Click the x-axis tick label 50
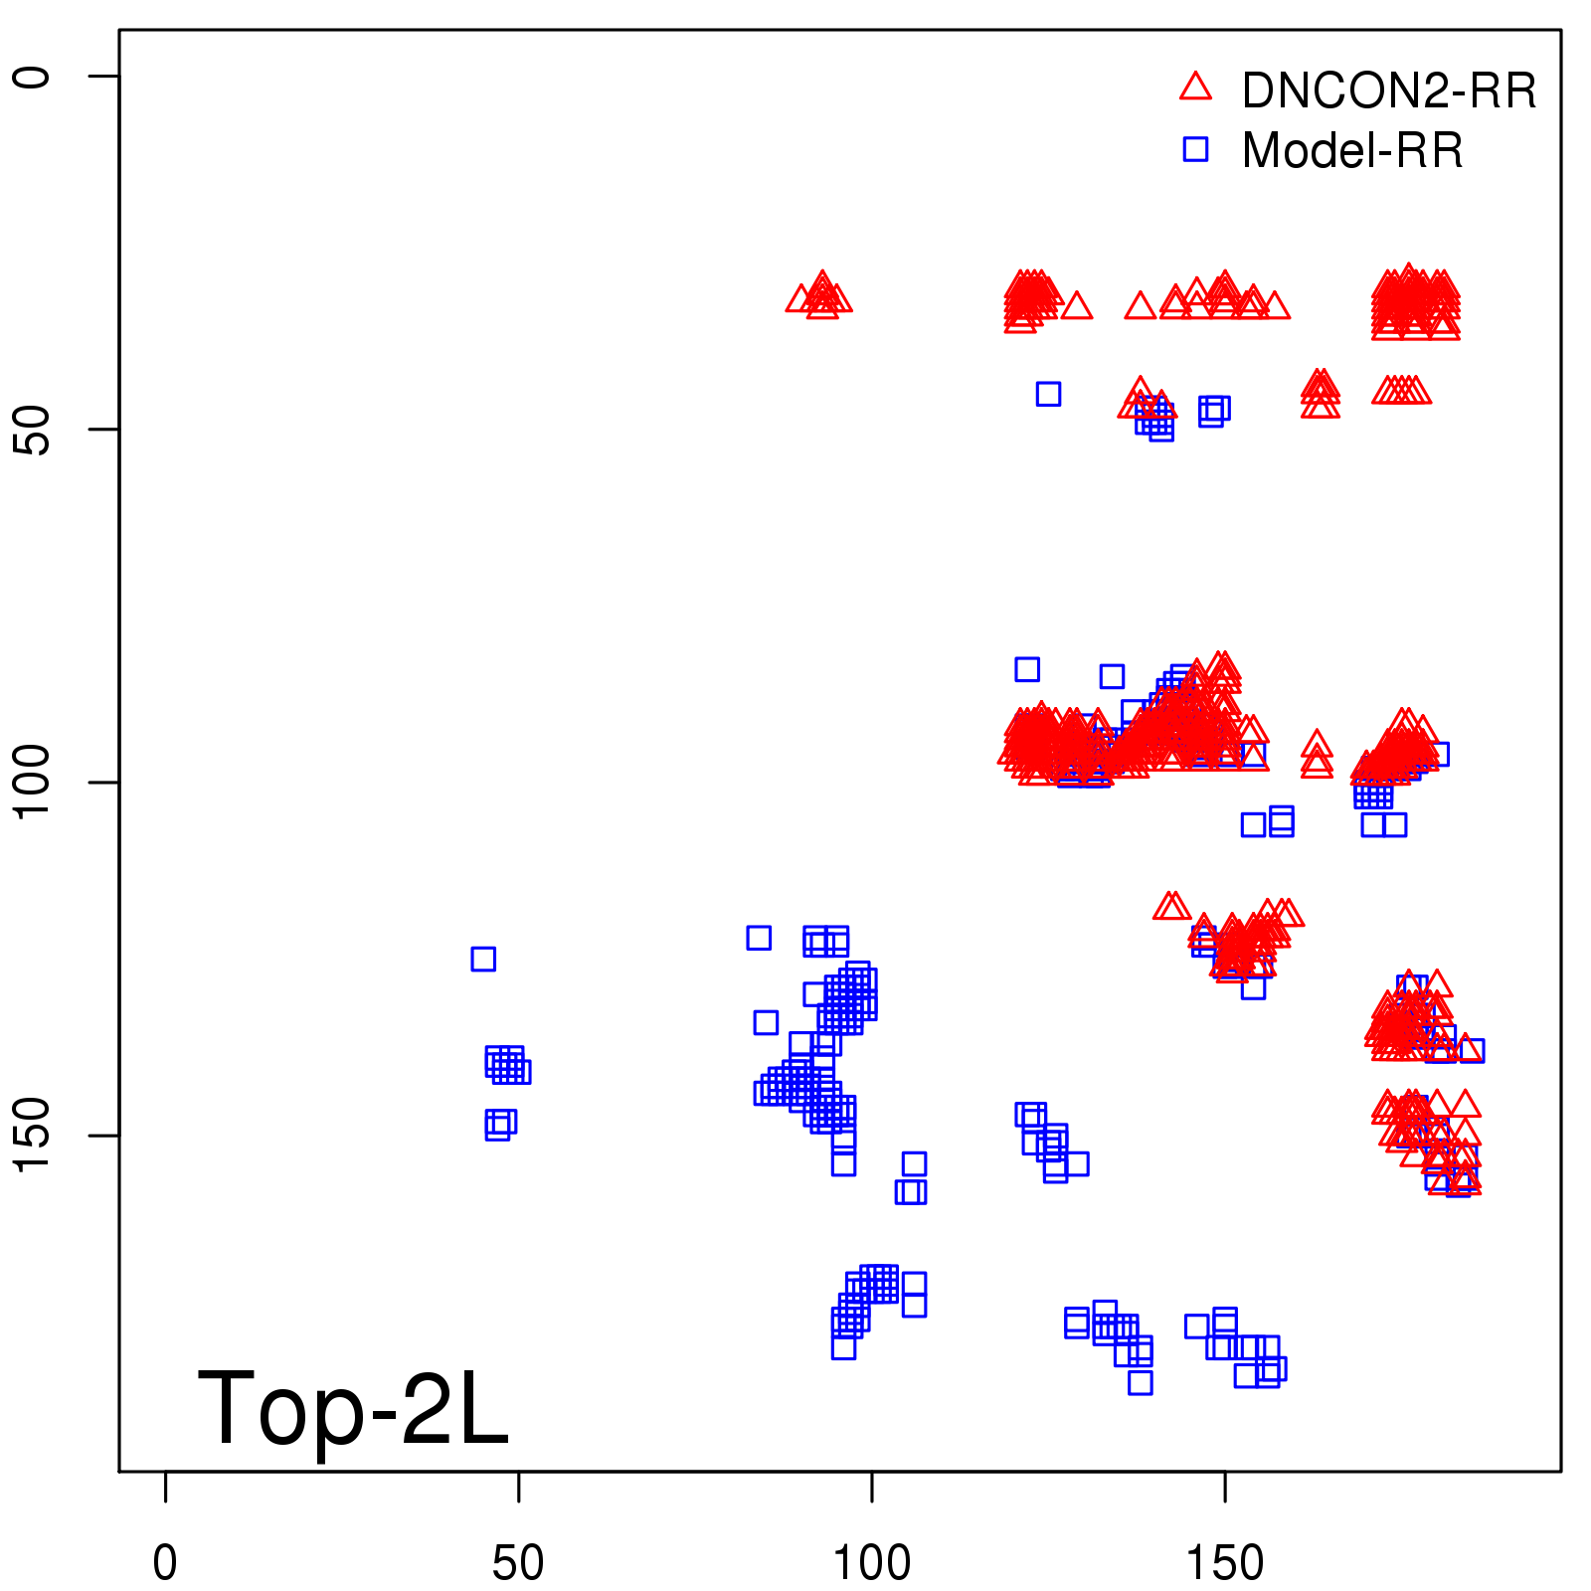coord(518,1563)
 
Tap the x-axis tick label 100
coord(871,1563)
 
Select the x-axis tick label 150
coord(1225,1563)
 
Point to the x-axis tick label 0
coord(165,1563)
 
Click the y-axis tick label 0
coord(32,77)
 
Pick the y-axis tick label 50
coord(32,430)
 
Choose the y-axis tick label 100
coord(32,783)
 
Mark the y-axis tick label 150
coord(32,1136)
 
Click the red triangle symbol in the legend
coord(1195,88)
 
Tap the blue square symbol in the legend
coord(1195,149)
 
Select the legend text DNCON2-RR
coord(1388,91)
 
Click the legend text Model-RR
coord(1352,151)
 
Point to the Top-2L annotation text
coord(353,1408)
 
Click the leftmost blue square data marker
coord(483,959)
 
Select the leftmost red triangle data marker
coord(799,298)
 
